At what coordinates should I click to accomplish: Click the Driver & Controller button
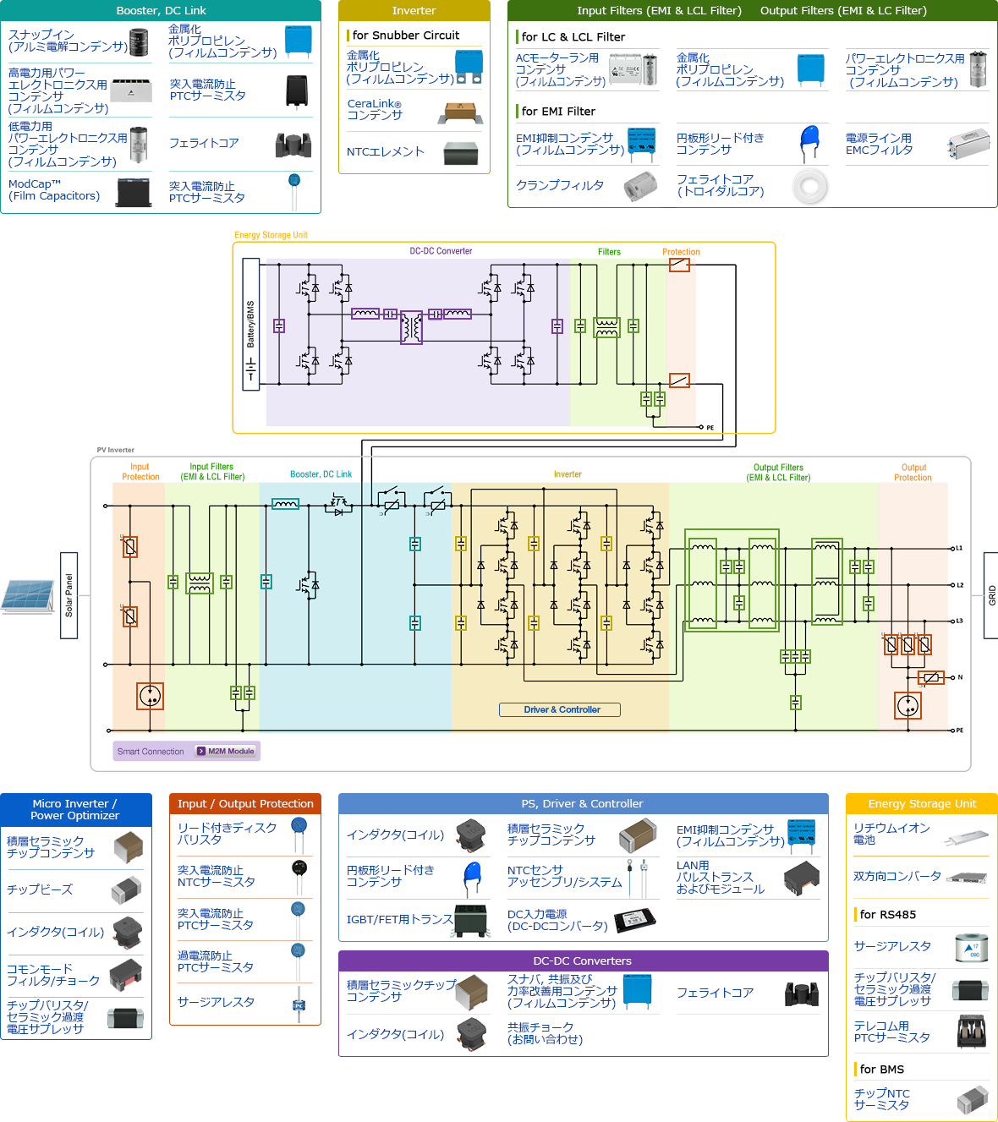[x=560, y=710]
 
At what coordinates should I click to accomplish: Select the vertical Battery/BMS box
[x=251, y=324]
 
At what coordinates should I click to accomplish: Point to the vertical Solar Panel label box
[x=69, y=595]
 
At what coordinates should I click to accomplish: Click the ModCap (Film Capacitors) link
[x=54, y=190]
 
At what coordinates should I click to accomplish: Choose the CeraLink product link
[x=375, y=110]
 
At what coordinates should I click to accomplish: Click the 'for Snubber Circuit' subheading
[x=406, y=36]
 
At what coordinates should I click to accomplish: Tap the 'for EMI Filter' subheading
[x=558, y=112]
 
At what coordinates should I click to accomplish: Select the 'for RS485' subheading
[x=887, y=915]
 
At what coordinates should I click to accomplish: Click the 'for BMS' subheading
[x=881, y=1070]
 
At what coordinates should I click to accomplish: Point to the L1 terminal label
[x=959, y=549]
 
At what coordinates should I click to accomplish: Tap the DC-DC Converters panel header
[x=583, y=961]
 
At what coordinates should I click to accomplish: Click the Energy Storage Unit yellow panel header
[x=922, y=804]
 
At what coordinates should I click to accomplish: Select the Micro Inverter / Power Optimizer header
[x=75, y=810]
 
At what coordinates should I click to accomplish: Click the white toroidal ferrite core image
[x=809, y=187]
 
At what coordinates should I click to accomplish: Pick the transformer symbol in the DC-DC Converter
[x=411, y=326]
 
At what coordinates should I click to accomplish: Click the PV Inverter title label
[x=116, y=450]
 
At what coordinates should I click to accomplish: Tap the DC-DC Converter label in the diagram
[x=441, y=251]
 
